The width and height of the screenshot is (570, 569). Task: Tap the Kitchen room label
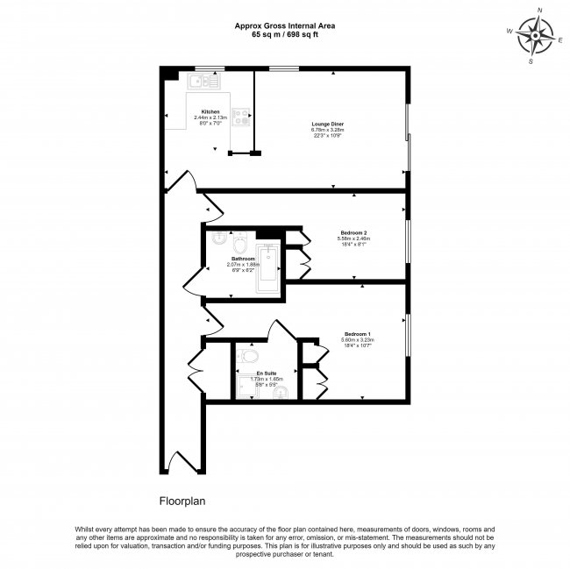click(x=210, y=111)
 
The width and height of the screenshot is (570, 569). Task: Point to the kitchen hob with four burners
click(x=241, y=116)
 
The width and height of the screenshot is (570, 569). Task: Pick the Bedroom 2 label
click(x=354, y=232)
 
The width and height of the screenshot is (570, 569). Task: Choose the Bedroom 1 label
click(x=358, y=334)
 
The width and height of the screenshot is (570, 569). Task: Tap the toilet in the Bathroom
click(x=239, y=240)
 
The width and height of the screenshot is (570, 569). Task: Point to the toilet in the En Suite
click(x=248, y=356)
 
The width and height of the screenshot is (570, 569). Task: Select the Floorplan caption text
click(x=182, y=502)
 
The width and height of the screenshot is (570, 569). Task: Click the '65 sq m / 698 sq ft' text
click(x=284, y=36)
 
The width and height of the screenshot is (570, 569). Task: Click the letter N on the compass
click(x=539, y=11)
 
